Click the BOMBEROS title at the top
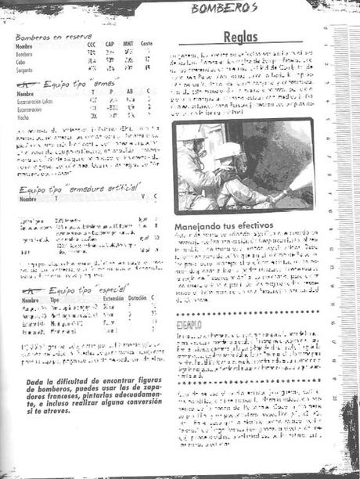coord(225,8)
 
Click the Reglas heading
coord(240,38)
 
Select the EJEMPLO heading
coord(189,322)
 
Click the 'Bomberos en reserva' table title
coord(53,37)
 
